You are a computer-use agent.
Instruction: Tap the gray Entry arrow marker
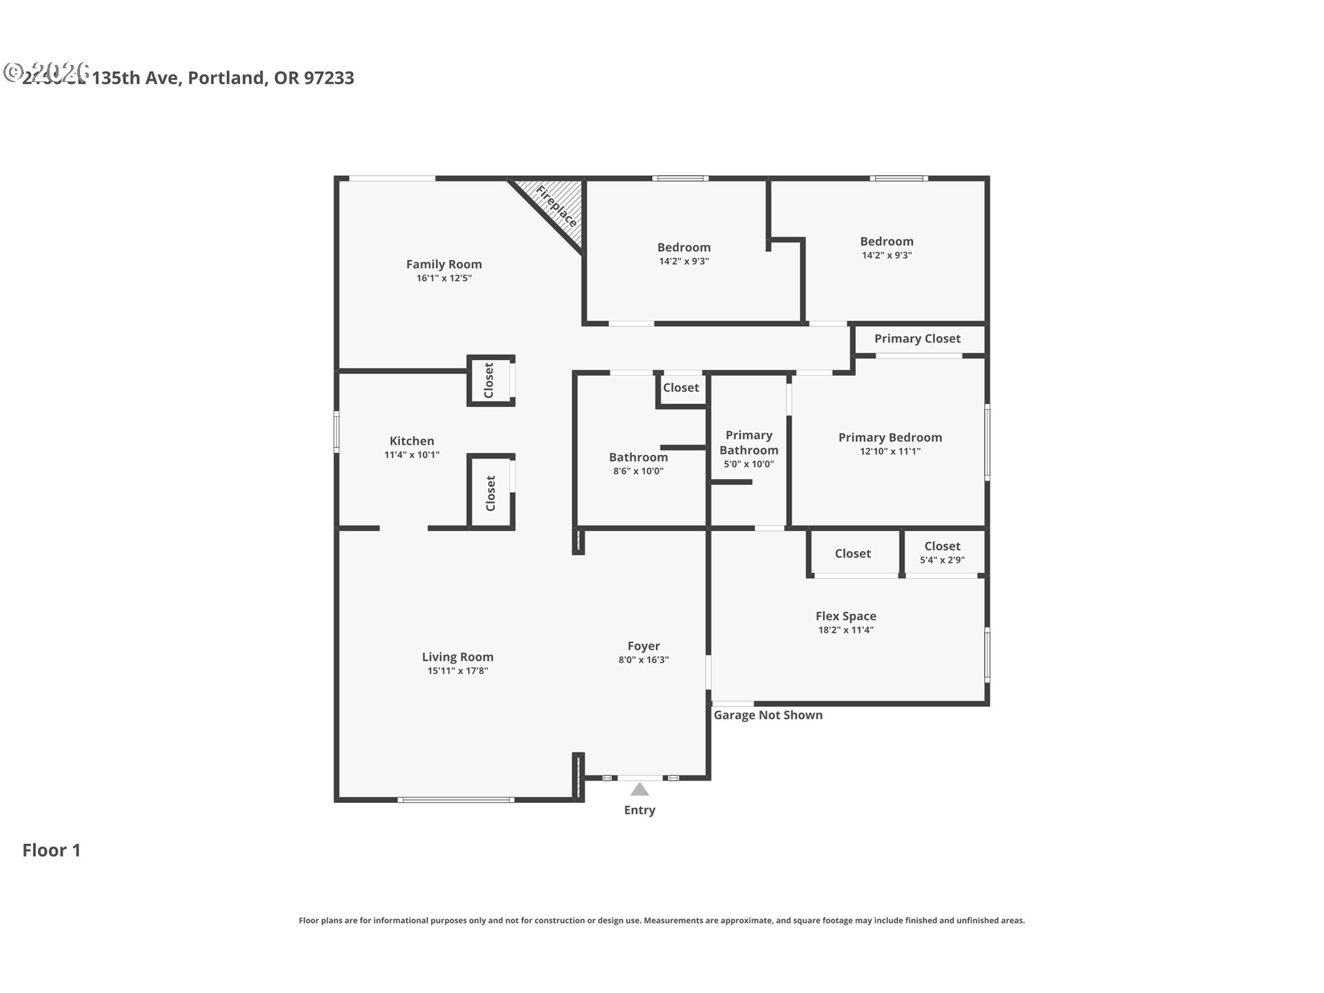click(639, 789)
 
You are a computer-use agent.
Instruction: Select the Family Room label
click(443, 264)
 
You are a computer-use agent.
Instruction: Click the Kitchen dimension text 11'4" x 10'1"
click(412, 455)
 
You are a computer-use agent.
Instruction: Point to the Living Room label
click(457, 657)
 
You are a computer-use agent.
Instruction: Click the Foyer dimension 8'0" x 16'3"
click(643, 660)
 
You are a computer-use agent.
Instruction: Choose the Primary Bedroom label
click(890, 438)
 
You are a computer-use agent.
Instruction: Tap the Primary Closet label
click(917, 339)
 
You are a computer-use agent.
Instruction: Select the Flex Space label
click(845, 616)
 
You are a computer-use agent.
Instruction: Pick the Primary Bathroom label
click(749, 443)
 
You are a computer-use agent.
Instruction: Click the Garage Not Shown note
click(768, 715)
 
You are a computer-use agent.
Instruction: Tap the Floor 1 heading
click(52, 850)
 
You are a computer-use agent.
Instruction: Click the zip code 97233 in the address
click(329, 78)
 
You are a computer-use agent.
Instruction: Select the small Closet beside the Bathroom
click(681, 388)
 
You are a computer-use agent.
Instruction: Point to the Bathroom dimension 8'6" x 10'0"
click(638, 472)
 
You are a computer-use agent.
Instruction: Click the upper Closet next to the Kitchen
click(489, 380)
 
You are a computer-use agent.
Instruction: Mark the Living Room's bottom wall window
click(455, 800)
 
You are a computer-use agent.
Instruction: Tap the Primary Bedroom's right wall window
click(987, 441)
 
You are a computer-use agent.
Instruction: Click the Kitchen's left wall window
click(337, 432)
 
